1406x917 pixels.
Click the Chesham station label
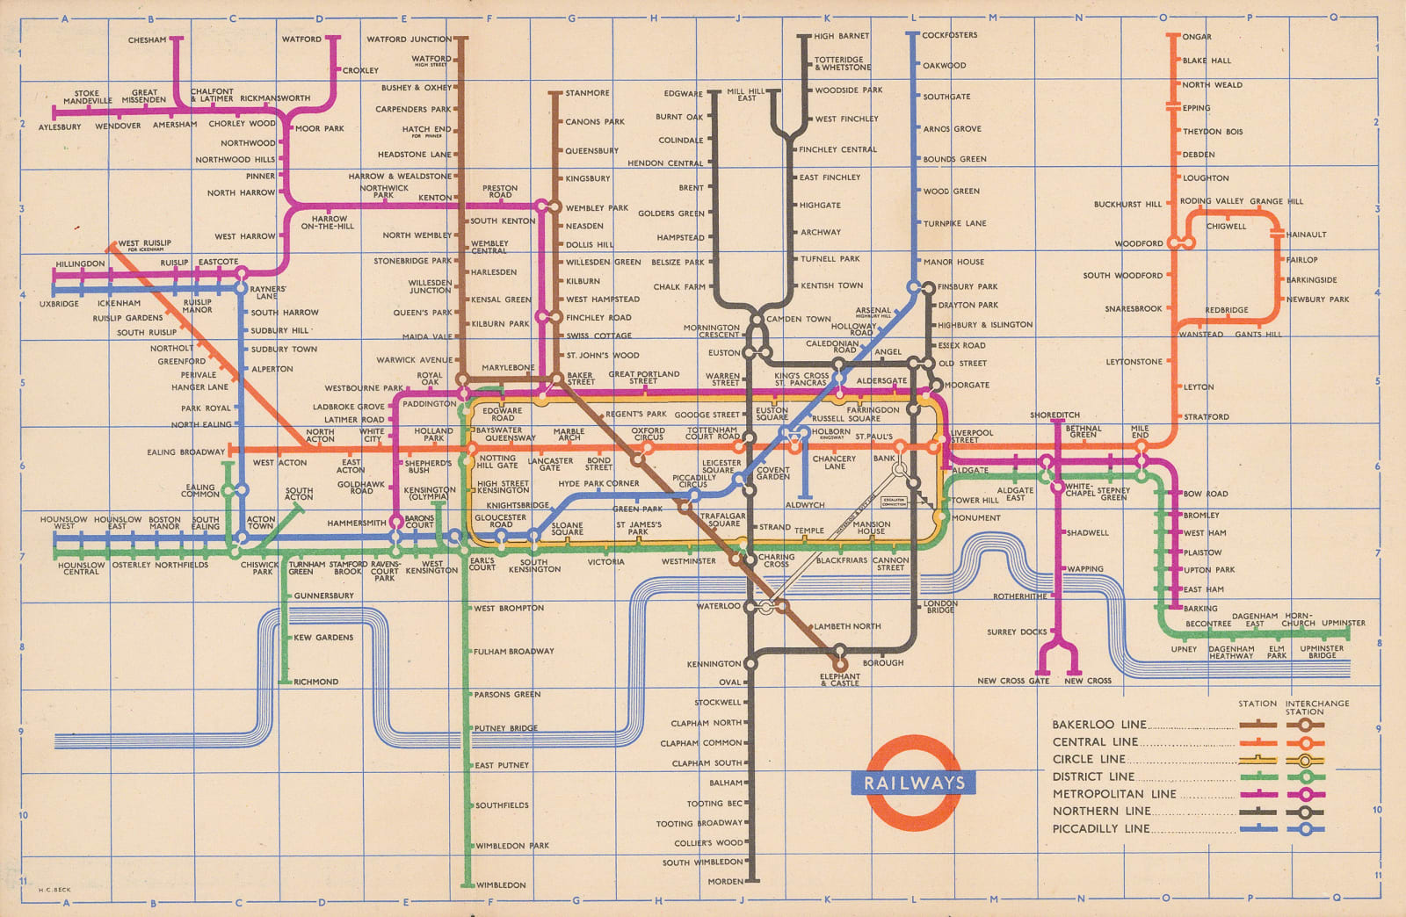point(147,40)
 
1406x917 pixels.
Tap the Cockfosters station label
point(949,35)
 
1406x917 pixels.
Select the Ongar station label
point(1197,37)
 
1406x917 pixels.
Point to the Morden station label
point(725,881)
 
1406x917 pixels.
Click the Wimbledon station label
point(501,885)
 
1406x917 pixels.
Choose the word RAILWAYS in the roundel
point(914,783)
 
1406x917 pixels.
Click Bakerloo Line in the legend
point(1099,725)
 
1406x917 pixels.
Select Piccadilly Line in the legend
point(1100,828)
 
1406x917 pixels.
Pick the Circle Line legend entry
point(1089,759)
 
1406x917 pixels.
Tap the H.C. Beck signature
point(54,890)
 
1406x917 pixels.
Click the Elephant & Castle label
point(840,680)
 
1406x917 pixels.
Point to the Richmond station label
point(315,682)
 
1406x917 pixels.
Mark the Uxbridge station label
point(59,304)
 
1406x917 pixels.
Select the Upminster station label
point(1344,623)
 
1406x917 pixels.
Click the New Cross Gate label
point(1013,681)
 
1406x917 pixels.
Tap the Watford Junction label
point(409,39)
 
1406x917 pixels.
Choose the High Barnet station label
point(841,36)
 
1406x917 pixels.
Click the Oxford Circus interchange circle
point(648,447)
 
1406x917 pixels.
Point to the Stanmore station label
point(587,92)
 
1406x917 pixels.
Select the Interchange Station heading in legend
point(1316,707)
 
